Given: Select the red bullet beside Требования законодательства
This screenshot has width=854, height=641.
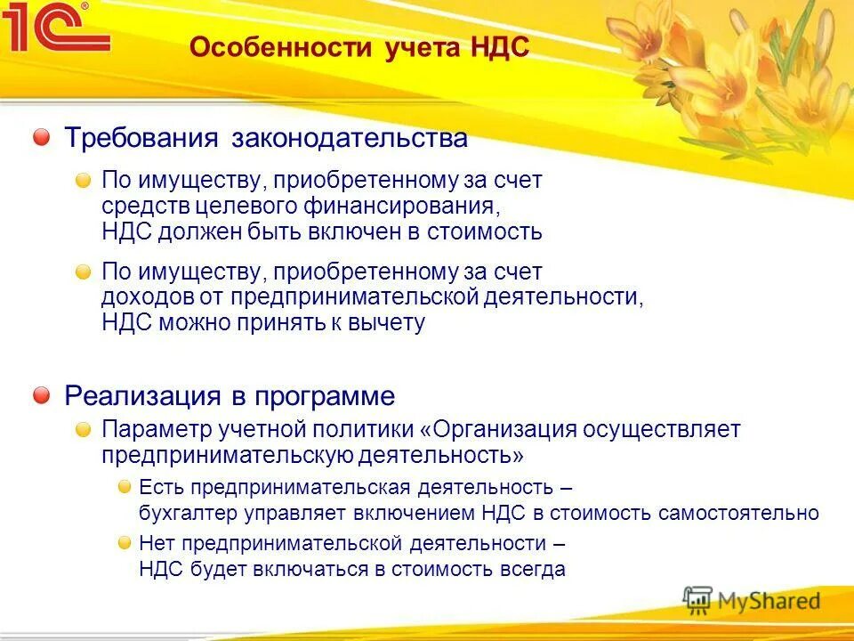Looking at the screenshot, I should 42,137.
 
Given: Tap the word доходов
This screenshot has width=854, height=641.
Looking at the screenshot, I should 140,296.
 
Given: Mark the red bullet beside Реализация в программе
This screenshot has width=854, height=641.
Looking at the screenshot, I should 42,394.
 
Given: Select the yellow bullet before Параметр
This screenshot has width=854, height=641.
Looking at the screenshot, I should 83,430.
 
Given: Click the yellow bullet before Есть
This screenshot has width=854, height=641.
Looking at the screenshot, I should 125,487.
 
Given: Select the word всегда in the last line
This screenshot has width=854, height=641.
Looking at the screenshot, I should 532,570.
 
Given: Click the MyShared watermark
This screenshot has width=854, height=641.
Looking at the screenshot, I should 752,601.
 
